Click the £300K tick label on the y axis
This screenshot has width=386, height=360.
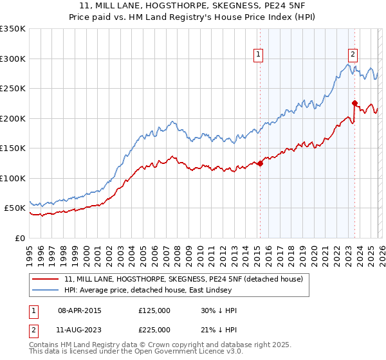click(13, 59)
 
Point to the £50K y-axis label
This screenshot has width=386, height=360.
click(15, 208)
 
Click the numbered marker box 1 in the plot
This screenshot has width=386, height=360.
click(257, 55)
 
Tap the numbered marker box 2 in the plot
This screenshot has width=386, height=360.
click(353, 55)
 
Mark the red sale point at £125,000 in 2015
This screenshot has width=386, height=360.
click(261, 163)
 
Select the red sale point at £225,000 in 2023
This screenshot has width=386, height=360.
click(354, 103)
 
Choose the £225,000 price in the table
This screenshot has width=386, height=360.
click(154, 329)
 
